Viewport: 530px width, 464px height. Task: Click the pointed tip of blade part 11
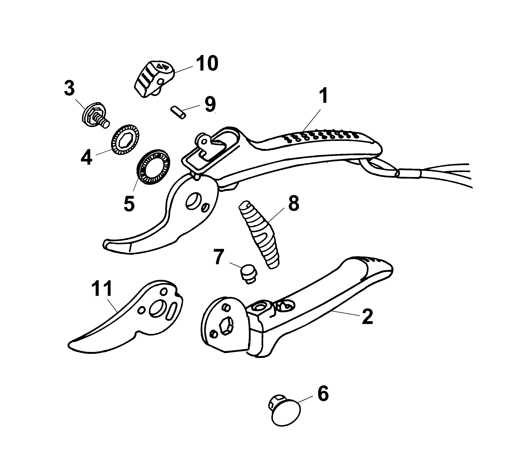(69, 346)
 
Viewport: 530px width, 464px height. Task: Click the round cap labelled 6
(285, 416)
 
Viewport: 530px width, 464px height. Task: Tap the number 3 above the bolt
(69, 88)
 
